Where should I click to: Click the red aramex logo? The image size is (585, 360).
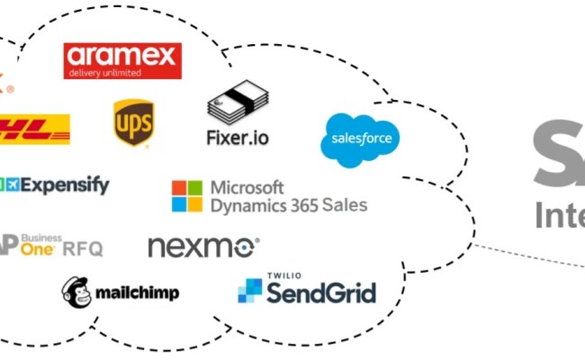tap(122, 60)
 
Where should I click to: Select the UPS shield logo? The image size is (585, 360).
tap(132, 123)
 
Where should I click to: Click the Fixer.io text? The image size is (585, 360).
tap(238, 139)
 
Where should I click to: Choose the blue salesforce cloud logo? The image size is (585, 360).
tap(360, 139)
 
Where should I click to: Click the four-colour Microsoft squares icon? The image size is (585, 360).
tap(187, 196)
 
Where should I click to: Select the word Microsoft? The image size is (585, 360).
tap(247, 188)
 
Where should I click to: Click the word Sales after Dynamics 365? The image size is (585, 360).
tap(346, 206)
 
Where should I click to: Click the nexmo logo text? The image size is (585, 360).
tap(202, 247)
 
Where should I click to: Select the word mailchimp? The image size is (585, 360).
tap(137, 292)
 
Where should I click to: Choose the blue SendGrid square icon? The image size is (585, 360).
tap(249, 291)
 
